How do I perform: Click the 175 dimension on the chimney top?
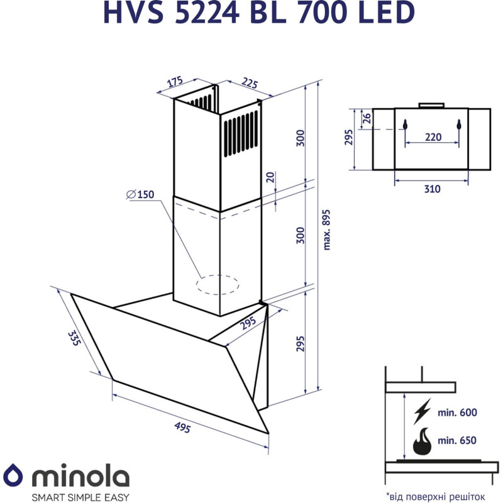[175, 82]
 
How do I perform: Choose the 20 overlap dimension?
[270, 177]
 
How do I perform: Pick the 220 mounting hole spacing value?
[432, 136]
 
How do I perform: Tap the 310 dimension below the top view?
[432, 189]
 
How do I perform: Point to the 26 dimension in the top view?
[367, 117]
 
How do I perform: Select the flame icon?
[422, 442]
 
